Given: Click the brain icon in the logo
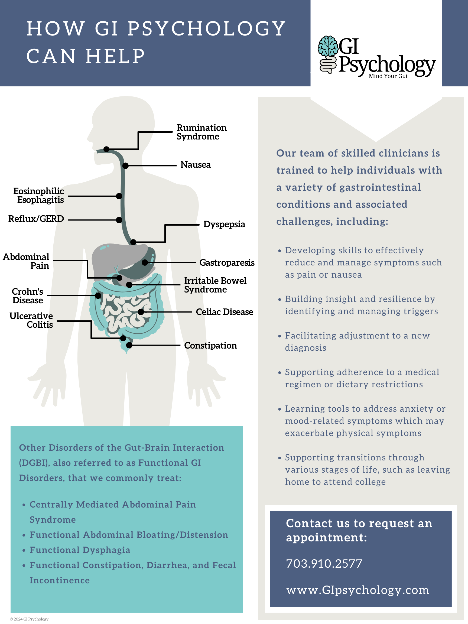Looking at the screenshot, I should coord(328,46).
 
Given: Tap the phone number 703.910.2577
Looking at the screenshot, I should coord(324,564).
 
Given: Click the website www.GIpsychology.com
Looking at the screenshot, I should coord(357,590).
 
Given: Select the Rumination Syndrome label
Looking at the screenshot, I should coord(201,132).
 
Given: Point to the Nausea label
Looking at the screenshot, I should coord(195,164).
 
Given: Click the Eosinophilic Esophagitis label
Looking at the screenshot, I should coord(39,195).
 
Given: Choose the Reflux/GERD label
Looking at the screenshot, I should coord(36,219).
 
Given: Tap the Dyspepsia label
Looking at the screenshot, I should coord(224,224).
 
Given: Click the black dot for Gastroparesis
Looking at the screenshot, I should coord(145,262).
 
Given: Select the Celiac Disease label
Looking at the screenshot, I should coord(224,312).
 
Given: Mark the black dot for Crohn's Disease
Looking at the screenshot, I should coord(98,295).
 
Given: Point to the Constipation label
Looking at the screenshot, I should coord(210,345).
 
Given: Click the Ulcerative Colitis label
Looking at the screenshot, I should coord(31,320).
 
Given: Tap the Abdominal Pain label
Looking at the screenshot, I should coord(26,261).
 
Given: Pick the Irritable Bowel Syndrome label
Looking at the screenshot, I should coord(215,285).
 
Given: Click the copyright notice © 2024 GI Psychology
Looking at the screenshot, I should coord(29,619).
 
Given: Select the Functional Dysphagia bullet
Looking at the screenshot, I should coord(80,550).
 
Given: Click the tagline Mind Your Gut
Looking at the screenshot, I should coord(388,76).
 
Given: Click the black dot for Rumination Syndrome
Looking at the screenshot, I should coord(106,149).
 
